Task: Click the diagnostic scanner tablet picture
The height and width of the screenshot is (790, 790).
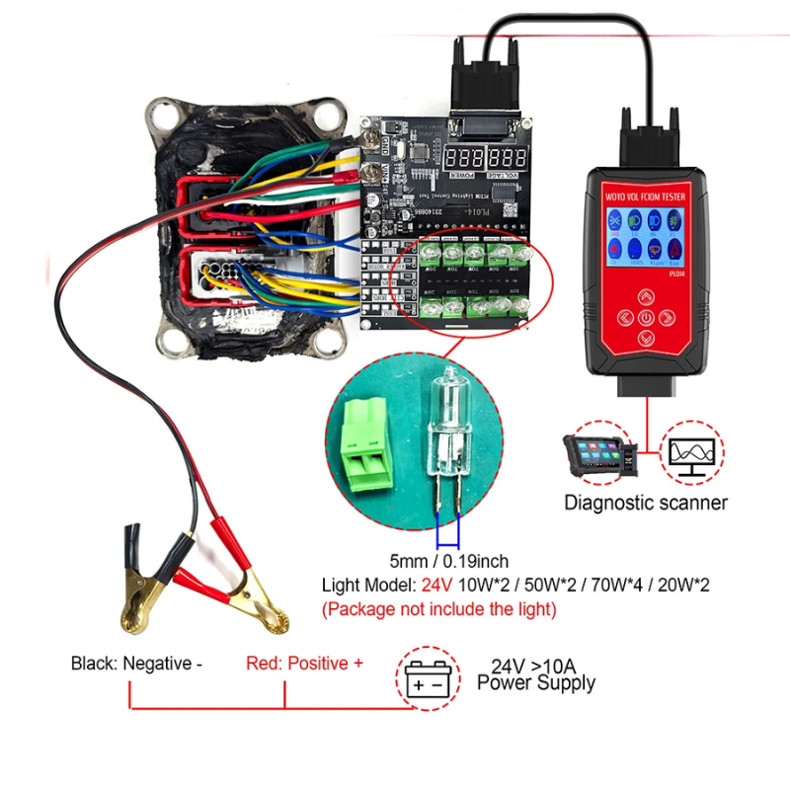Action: (x=597, y=456)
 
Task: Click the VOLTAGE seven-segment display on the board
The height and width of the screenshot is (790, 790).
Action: (x=508, y=157)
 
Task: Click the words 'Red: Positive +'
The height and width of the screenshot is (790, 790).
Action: (x=304, y=664)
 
